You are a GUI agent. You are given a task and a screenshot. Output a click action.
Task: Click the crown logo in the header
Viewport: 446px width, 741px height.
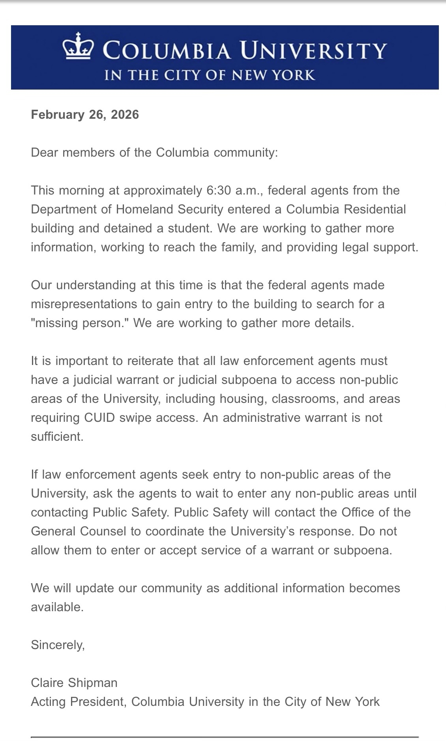[78, 46]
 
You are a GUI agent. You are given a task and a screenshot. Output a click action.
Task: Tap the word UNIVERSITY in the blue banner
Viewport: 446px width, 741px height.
[313, 51]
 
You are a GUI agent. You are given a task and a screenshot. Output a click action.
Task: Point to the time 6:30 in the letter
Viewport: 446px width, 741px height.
[216, 191]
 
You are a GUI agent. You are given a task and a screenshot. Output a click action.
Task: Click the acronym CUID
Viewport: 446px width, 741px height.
[99, 417]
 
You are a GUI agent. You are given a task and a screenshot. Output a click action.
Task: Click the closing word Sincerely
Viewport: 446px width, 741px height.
[58, 645]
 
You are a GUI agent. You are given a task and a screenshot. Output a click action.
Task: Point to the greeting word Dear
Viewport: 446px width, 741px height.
[45, 152]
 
